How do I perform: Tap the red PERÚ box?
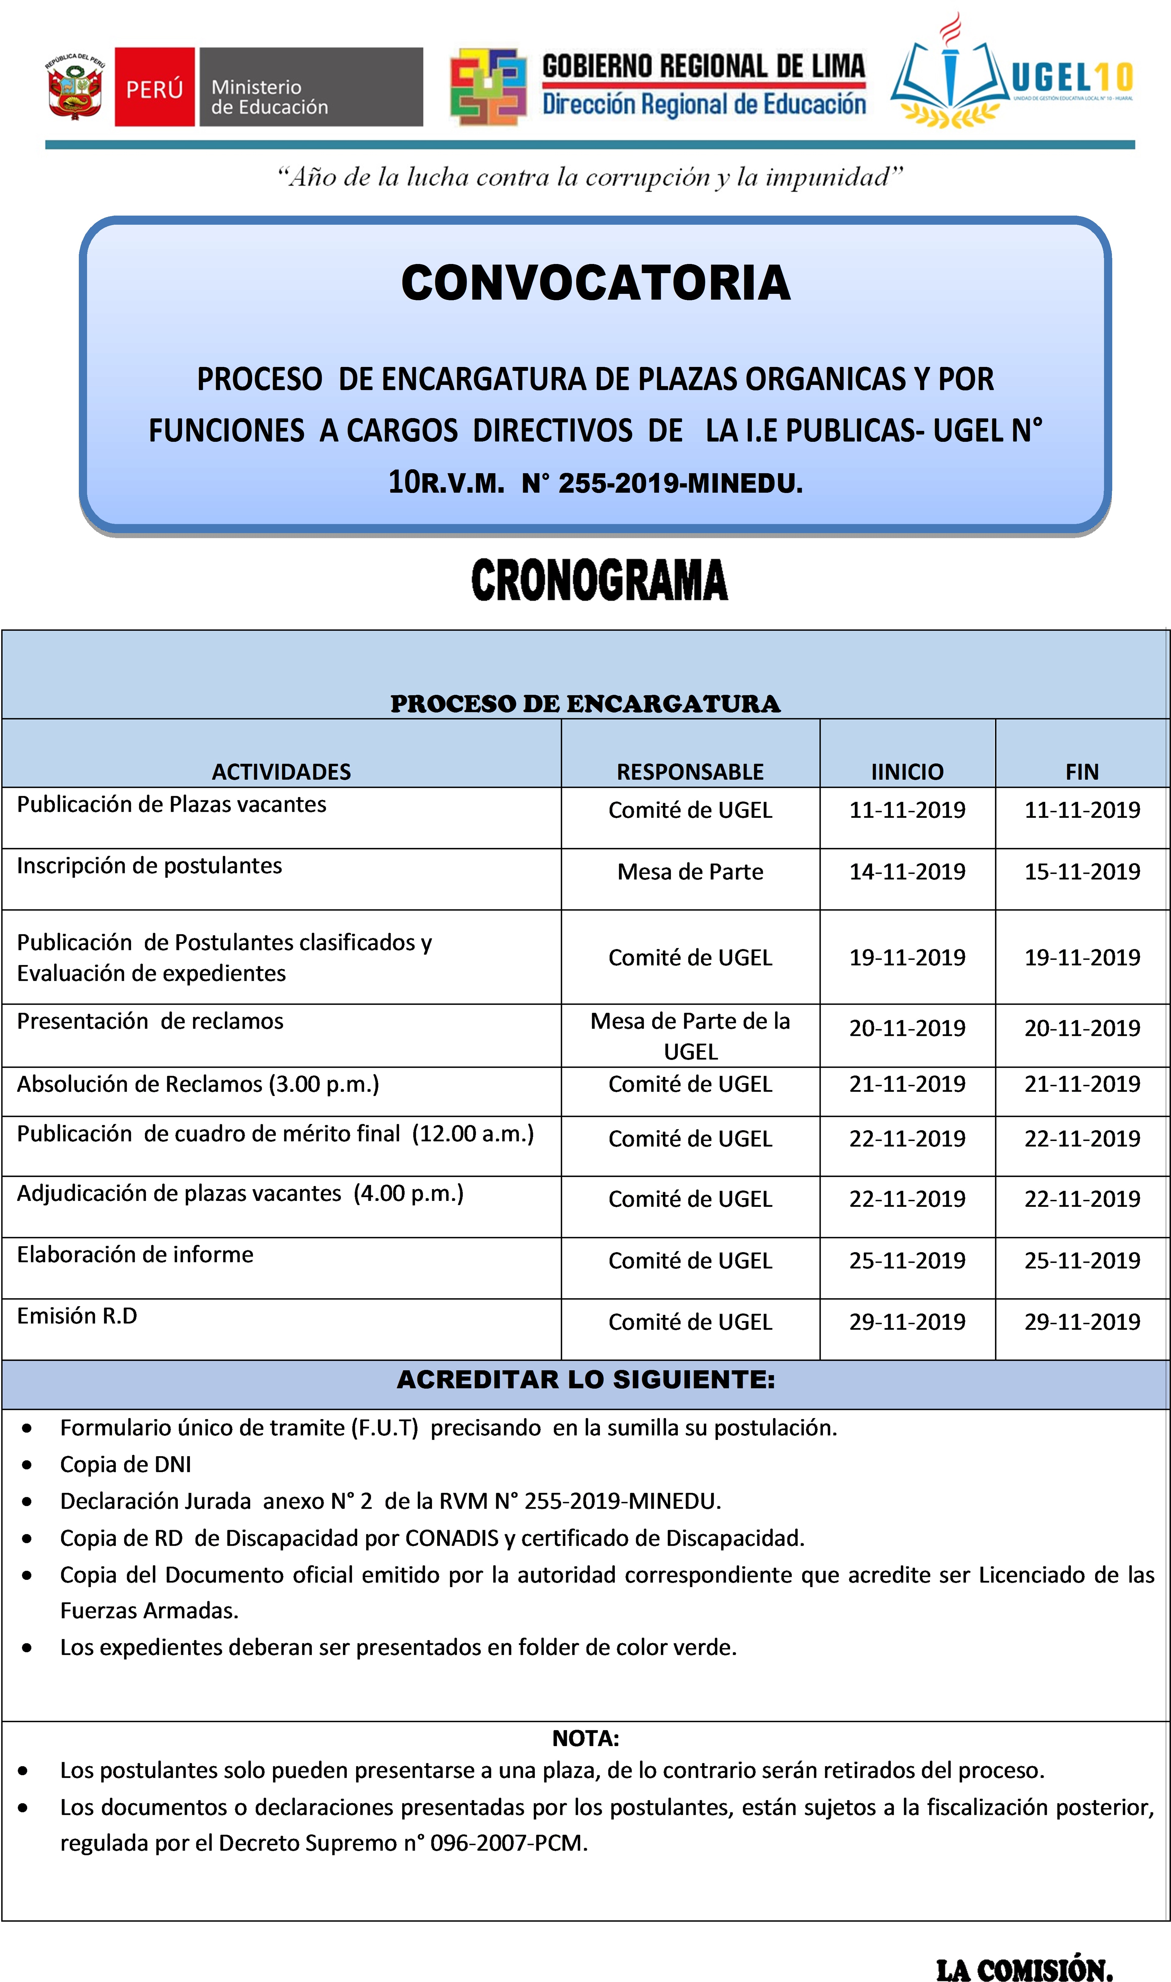(x=155, y=87)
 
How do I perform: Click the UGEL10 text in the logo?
(x=1071, y=77)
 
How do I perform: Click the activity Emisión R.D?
(x=77, y=1316)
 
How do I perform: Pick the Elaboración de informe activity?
(x=135, y=1254)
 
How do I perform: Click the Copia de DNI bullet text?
(x=125, y=1464)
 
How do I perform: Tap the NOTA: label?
(x=586, y=1738)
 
